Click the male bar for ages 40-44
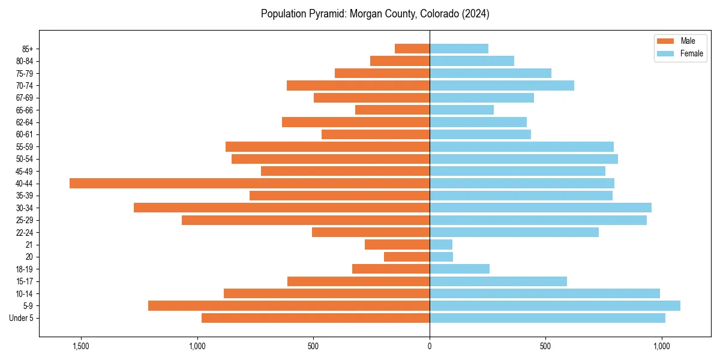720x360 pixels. pos(249,183)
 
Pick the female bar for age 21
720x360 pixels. pos(440,244)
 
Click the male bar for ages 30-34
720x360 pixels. pos(281,208)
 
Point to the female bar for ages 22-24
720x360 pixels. pos(514,232)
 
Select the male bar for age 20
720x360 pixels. pos(406,257)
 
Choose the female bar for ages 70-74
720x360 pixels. pos(502,85)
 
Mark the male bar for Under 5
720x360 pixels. pos(315,318)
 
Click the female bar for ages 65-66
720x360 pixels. pos(461,110)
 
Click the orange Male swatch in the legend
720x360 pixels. pos(665,41)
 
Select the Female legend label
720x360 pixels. pos(691,53)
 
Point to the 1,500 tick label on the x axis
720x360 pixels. pos(80,346)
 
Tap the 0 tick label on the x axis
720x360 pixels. pos(430,346)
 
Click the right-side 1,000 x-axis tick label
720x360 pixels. pos(662,346)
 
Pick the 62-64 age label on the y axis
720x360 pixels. pos(25,122)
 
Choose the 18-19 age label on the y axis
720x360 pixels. pos(25,269)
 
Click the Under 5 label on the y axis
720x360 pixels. pos(21,318)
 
